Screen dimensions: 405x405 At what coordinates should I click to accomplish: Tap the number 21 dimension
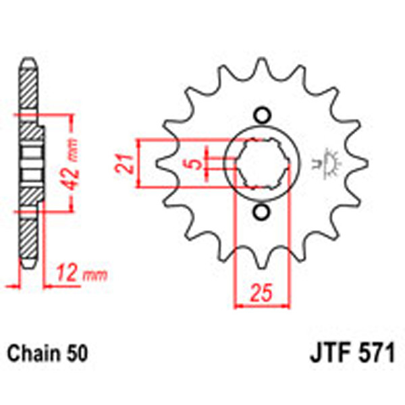click(122, 163)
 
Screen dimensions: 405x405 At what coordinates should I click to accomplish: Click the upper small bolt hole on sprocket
click(261, 115)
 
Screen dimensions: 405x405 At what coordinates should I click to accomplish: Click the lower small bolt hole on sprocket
click(261, 213)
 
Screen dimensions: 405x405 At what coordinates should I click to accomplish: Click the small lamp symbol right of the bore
click(331, 162)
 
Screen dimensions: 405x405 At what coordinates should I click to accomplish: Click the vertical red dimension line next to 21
click(138, 163)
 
